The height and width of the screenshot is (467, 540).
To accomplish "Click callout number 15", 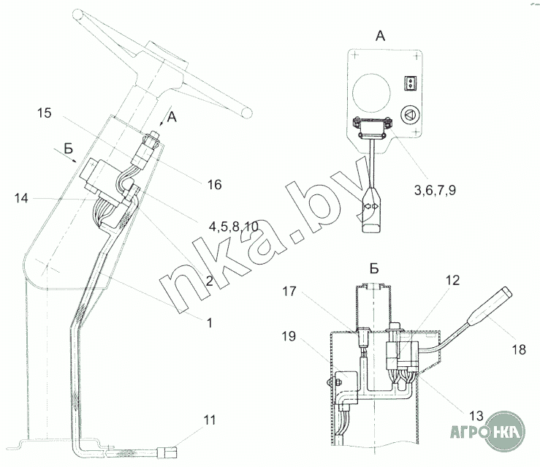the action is pos(45,113).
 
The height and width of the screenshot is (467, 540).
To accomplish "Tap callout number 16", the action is pos(214,185).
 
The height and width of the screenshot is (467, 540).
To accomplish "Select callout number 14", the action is pos(21,198).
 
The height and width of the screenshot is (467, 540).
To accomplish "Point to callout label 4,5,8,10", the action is pos(234,227).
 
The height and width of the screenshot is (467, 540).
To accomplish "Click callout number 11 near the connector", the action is pos(210,420).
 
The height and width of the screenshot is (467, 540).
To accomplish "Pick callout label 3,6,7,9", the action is pos(435,190).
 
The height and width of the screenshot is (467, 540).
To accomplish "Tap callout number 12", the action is pos(452,281).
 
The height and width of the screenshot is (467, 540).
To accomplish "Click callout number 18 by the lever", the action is pos(519,349).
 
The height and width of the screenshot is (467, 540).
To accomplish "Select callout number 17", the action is pos(289,292).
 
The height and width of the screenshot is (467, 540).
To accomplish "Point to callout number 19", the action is pos(289,336).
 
